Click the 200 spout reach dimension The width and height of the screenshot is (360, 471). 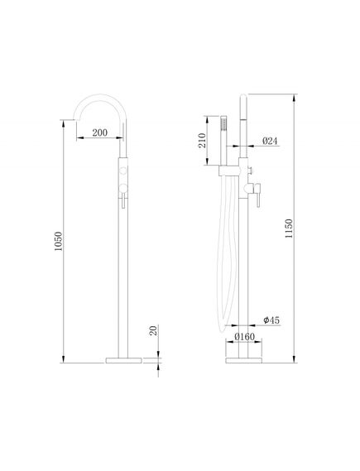tap(99, 132)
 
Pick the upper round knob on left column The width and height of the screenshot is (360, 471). tap(125, 171)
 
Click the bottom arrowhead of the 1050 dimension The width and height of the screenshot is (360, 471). tap(65, 358)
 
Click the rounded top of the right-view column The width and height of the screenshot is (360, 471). tap(245, 98)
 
